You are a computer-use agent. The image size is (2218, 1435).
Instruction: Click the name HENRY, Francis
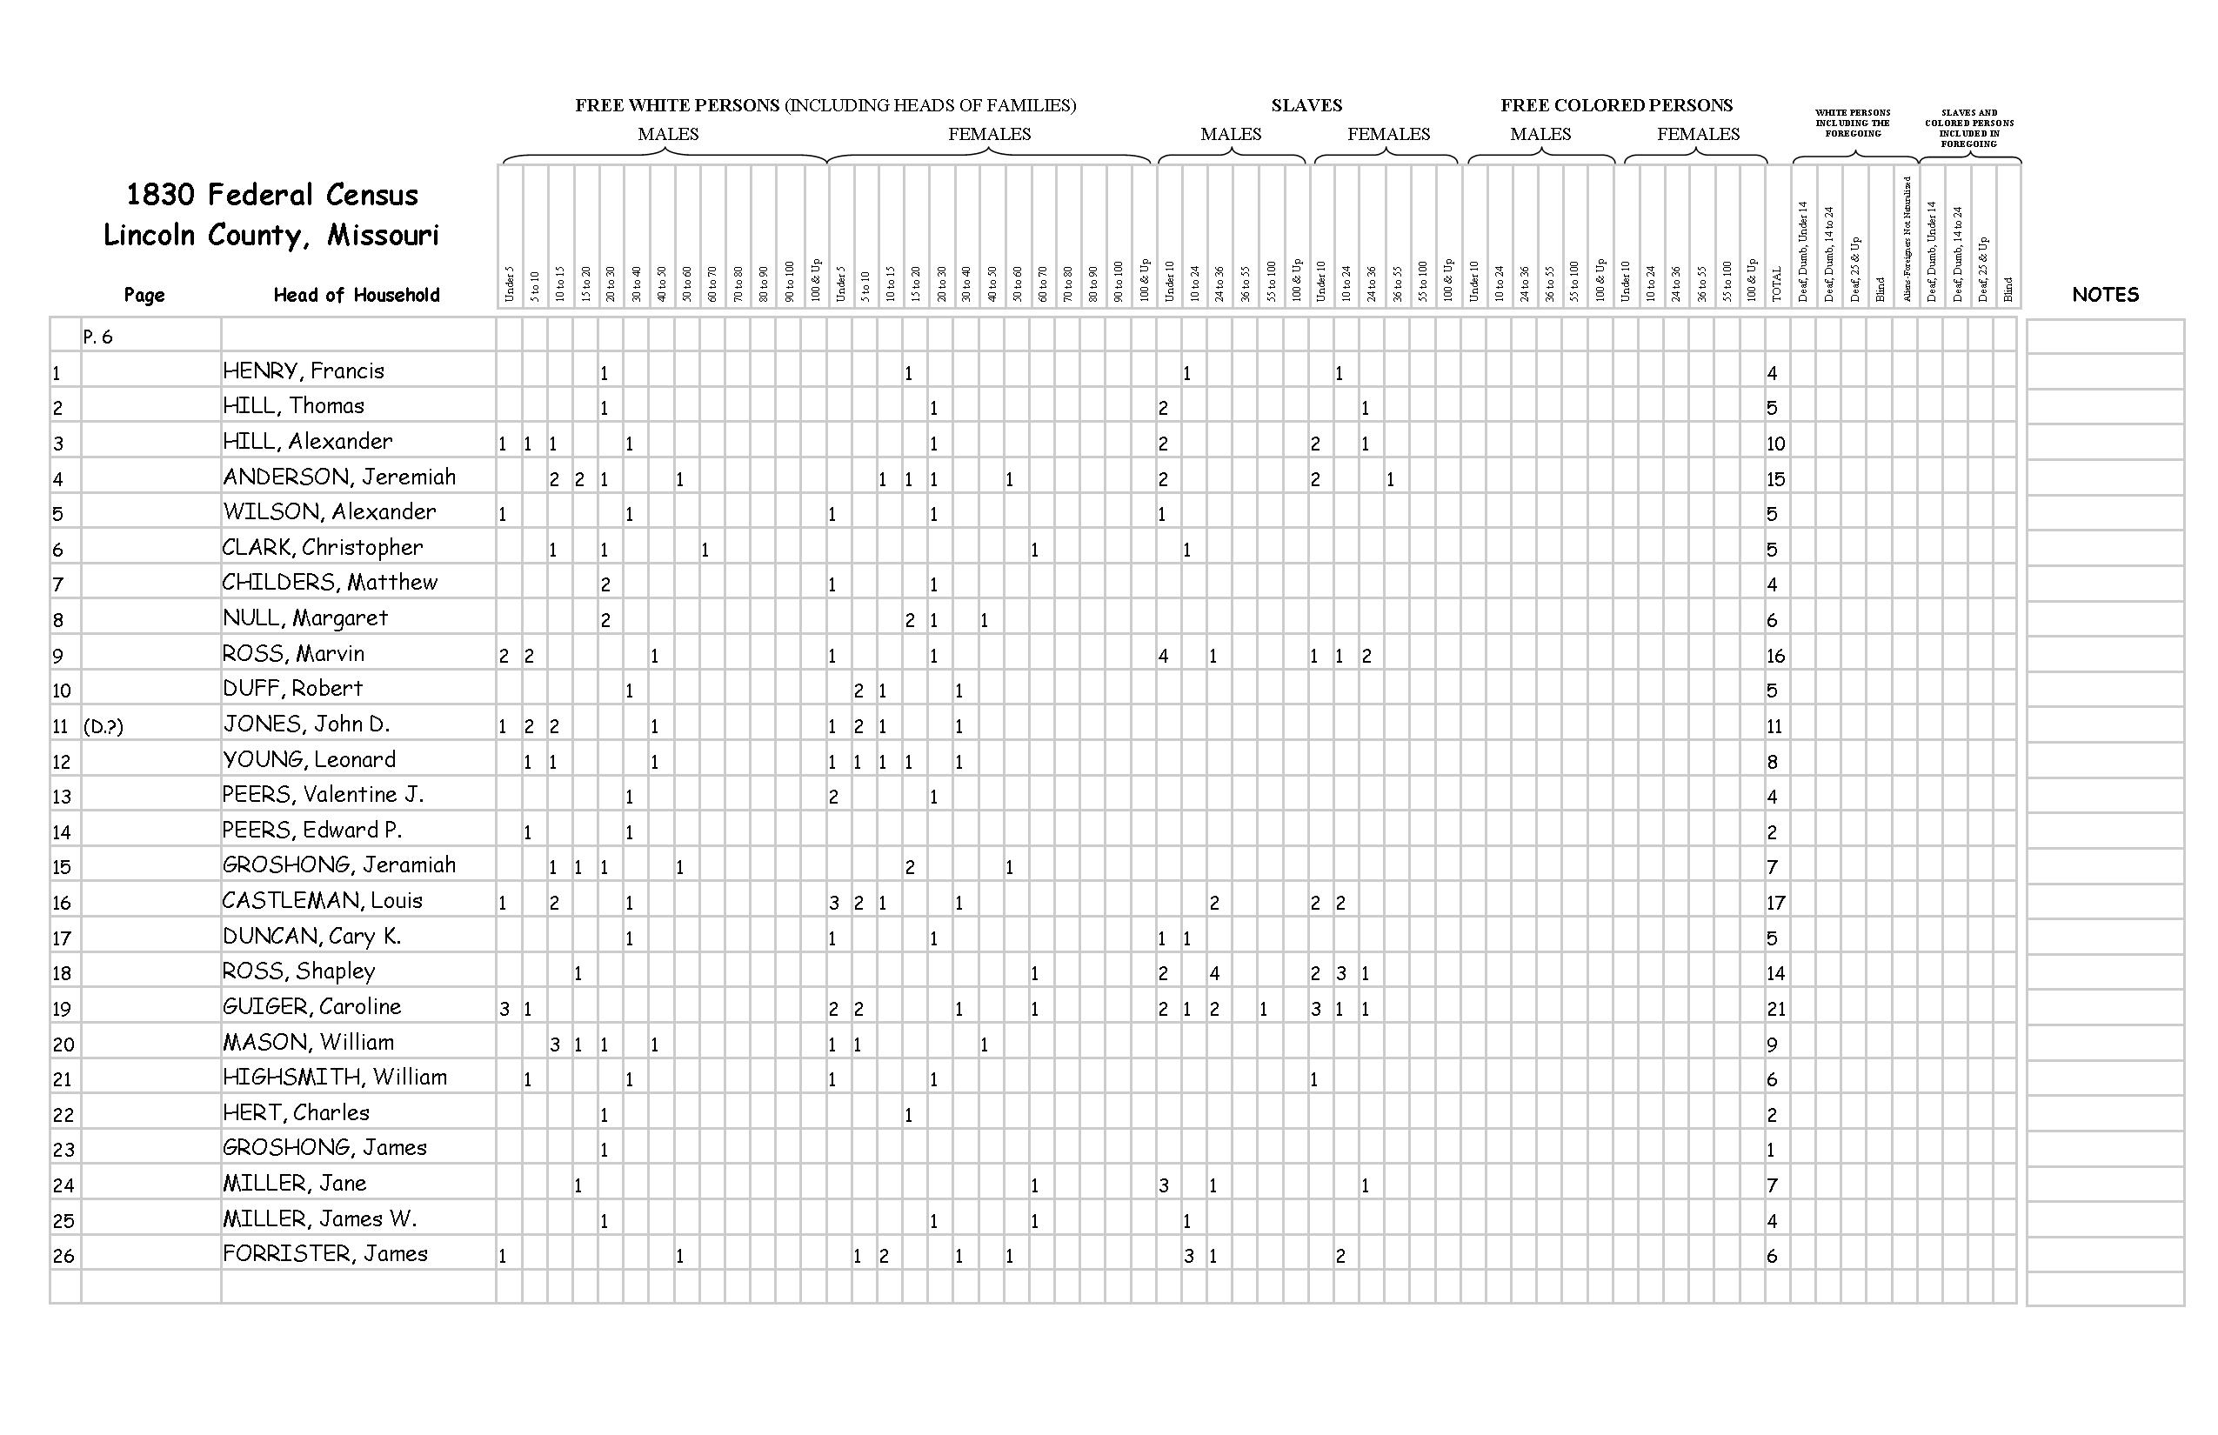pyautogui.click(x=303, y=370)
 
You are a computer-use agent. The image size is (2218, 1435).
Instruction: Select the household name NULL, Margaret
pyautogui.click(x=304, y=617)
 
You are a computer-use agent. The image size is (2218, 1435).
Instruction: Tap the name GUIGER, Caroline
pyautogui.click(x=311, y=1006)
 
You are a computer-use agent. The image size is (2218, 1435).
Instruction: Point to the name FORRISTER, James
pyautogui.click(x=324, y=1253)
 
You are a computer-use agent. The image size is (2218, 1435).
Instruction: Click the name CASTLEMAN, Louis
pyautogui.click(x=322, y=900)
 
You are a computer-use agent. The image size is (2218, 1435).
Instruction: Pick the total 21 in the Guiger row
pyautogui.click(x=1775, y=1008)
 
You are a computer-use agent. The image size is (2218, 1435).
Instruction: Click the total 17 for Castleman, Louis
pyautogui.click(x=1775, y=902)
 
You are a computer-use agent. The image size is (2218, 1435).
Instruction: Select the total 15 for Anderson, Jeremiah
pyautogui.click(x=1775, y=479)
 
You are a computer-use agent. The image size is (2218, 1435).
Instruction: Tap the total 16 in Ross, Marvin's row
pyautogui.click(x=1775, y=655)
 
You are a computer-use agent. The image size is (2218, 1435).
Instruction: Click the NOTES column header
pyautogui.click(x=2104, y=295)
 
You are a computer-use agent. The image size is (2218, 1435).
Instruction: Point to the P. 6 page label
pyautogui.click(x=97, y=337)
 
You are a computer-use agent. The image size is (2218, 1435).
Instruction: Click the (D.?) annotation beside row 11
pyautogui.click(x=103, y=726)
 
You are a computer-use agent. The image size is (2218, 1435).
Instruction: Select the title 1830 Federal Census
pyautogui.click(x=272, y=195)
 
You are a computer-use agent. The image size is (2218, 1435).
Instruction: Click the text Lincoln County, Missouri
pyautogui.click(x=271, y=235)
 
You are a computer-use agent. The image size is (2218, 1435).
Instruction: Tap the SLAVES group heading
pyautogui.click(x=1306, y=105)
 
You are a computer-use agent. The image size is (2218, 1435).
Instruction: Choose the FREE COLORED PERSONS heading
pyautogui.click(x=1616, y=105)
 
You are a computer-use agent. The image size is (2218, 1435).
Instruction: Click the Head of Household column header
pyautogui.click(x=356, y=295)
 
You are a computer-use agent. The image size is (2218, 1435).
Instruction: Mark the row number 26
pyautogui.click(x=63, y=1255)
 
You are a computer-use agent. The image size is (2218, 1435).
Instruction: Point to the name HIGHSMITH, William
pyautogui.click(x=335, y=1078)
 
